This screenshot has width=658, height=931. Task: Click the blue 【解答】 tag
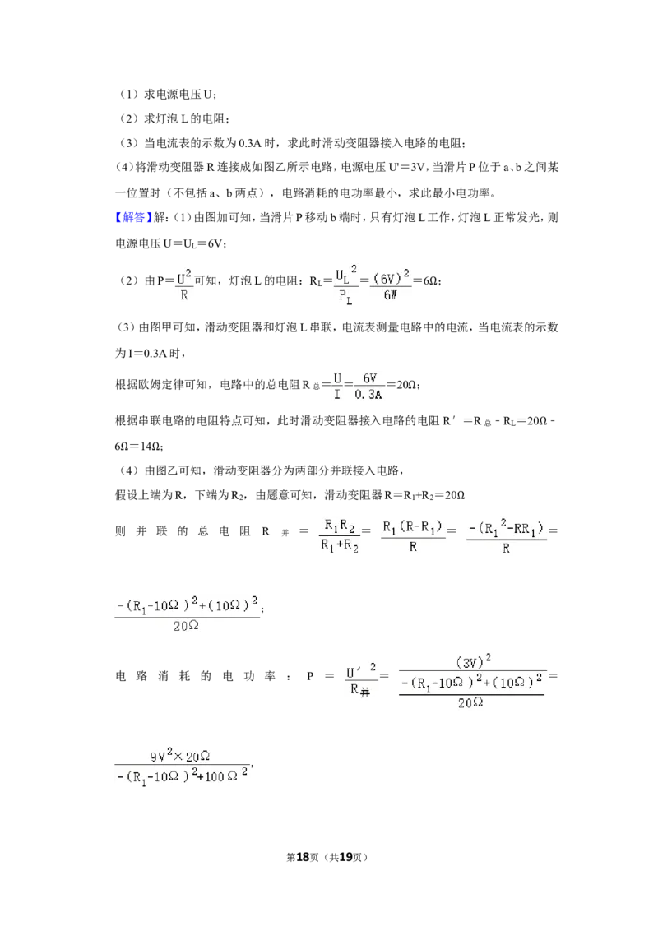coord(133,217)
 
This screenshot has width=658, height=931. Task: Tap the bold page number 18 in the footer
coord(303,857)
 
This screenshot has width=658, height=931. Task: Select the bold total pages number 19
coord(346,857)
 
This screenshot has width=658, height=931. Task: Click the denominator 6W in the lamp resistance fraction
coord(390,295)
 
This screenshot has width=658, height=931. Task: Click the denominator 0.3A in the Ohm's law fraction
coord(368,394)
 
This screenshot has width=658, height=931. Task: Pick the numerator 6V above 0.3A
coord(369,378)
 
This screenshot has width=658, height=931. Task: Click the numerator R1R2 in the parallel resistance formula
coord(340,526)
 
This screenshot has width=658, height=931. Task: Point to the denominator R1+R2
coord(340,545)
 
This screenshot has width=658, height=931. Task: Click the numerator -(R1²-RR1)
coord(506,526)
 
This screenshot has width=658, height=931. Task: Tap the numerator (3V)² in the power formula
coord(473,661)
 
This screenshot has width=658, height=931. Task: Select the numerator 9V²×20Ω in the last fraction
coord(180,756)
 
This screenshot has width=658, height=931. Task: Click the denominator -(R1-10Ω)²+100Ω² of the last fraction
coord(182,776)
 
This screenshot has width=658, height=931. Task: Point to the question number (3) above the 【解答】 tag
coord(129,143)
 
